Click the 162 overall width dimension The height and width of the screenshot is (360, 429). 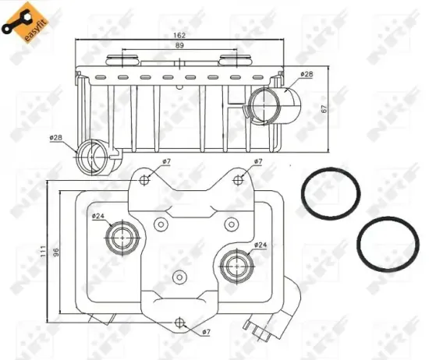(180, 35)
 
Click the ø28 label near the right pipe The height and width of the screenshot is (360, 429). (307, 74)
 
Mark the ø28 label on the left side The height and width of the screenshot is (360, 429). (55, 138)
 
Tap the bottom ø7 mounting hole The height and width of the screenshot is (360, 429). (181, 323)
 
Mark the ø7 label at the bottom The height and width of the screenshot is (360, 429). (206, 333)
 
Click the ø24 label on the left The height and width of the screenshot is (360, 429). (98, 216)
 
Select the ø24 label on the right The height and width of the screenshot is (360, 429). (260, 245)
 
